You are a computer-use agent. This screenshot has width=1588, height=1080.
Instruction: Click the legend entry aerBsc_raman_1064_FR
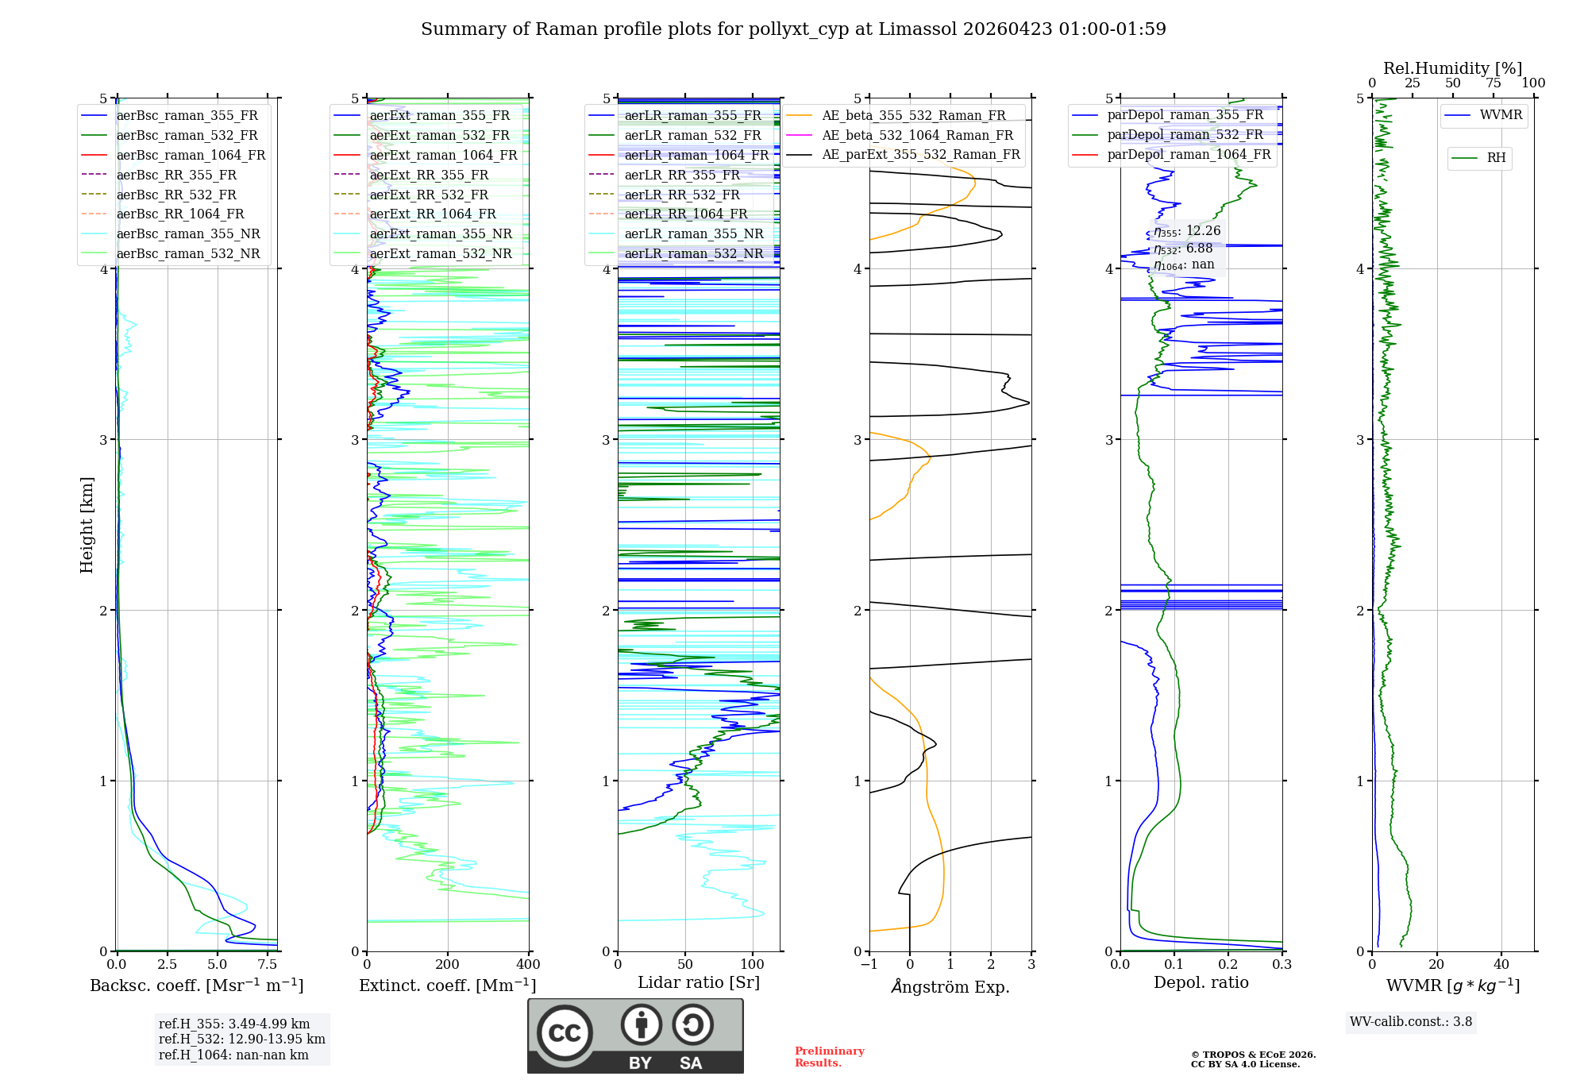pos(191,156)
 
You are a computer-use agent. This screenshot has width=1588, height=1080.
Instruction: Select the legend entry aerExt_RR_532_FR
pos(429,195)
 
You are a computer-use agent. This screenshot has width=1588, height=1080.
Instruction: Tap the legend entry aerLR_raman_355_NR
pos(693,234)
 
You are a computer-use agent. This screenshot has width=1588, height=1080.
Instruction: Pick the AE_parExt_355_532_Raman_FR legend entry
pos(920,155)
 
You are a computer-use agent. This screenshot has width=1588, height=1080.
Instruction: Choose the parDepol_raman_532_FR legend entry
pos(1185,135)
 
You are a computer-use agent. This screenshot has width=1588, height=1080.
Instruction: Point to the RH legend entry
pos(1496,158)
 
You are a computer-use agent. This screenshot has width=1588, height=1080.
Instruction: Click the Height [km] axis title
pos(87,525)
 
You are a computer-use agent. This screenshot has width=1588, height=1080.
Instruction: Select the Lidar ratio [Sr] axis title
pos(699,982)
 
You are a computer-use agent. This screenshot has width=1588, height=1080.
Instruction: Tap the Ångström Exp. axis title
pos(950,986)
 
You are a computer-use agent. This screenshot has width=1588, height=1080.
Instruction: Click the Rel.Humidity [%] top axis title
pos(1452,68)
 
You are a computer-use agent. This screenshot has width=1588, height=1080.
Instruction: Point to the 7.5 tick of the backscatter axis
pos(268,965)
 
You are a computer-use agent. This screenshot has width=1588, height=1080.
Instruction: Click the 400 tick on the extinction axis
pos(529,965)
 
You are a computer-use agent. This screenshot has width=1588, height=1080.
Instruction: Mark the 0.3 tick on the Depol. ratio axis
pos(1282,965)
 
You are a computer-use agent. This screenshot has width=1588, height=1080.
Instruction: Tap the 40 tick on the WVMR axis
pos(1501,965)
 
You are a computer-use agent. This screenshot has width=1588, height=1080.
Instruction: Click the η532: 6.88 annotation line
pos(1183,249)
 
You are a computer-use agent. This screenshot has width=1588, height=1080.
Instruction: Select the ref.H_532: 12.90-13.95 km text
pos(241,1039)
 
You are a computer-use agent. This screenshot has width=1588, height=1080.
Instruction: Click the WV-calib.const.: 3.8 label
pos(1411,1022)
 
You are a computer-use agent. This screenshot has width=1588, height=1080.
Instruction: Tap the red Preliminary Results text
pos(829,1057)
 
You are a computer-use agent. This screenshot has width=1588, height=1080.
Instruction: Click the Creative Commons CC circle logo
pos(565,1033)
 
